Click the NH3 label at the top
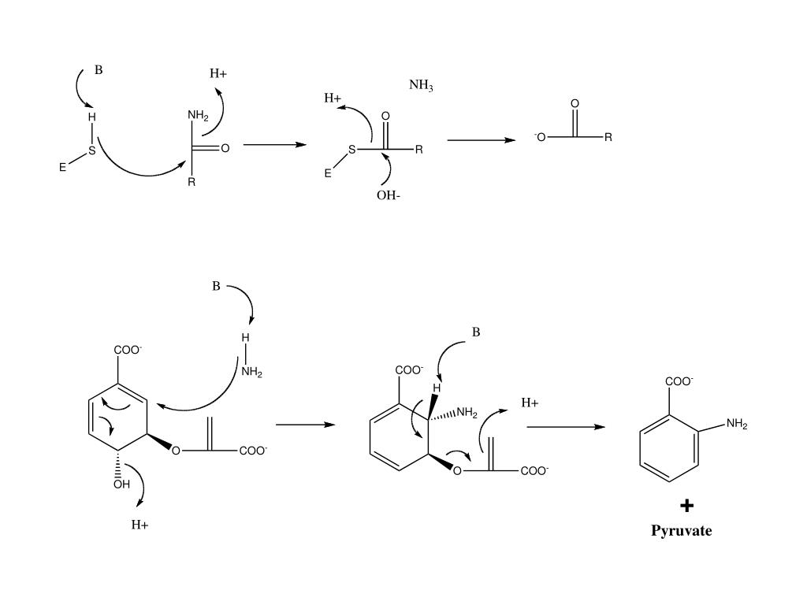click(421, 85)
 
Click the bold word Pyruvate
click(681, 530)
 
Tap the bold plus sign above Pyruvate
click(686, 506)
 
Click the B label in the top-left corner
click(99, 69)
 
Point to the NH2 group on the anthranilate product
click(737, 424)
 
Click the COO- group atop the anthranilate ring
click(679, 381)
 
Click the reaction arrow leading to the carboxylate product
click(481, 140)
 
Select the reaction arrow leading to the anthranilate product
click(565, 427)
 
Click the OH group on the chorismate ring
click(121, 484)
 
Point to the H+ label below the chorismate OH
click(140, 525)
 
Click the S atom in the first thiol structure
click(91, 150)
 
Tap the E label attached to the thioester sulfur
click(328, 173)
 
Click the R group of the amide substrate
click(191, 184)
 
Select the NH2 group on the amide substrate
click(198, 116)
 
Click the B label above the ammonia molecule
click(216, 286)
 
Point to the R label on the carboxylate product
click(608, 137)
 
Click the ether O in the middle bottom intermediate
click(457, 471)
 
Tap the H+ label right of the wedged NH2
click(530, 403)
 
